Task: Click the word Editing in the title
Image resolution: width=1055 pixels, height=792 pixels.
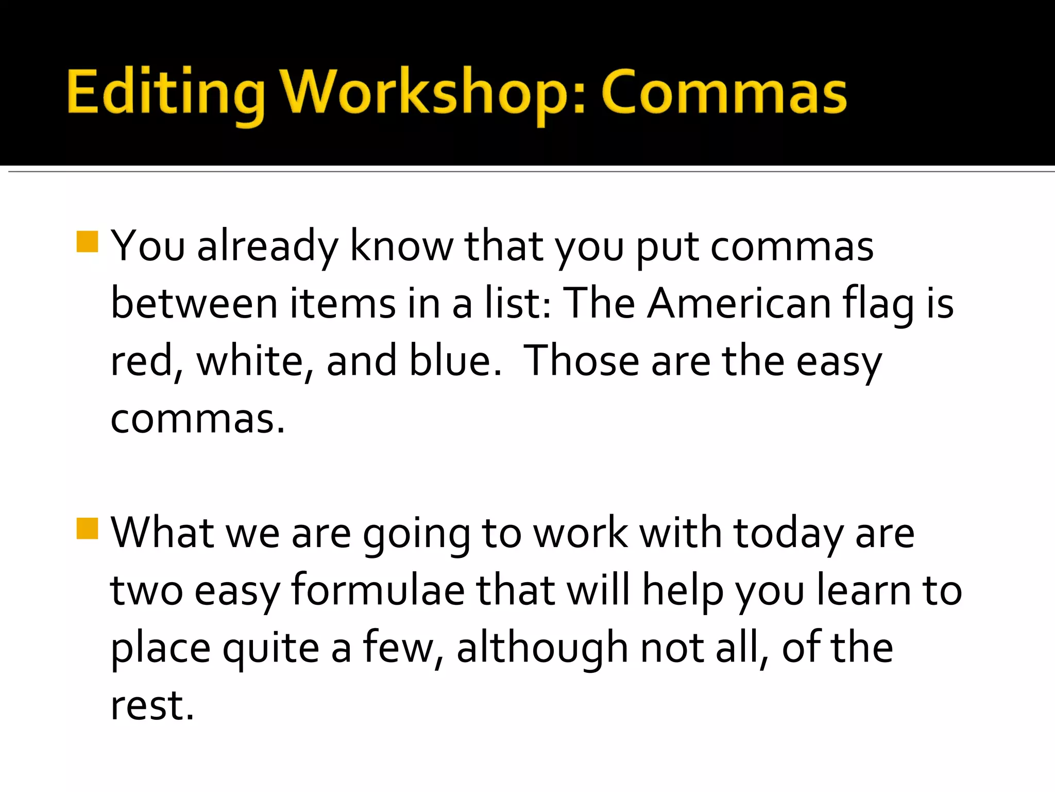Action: pyautogui.click(x=165, y=93)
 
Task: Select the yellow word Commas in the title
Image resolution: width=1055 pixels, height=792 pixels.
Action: pyautogui.click(x=724, y=93)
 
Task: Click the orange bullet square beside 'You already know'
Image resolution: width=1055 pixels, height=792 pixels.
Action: pyautogui.click(x=87, y=241)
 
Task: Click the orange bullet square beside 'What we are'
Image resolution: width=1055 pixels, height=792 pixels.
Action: pyautogui.click(x=87, y=528)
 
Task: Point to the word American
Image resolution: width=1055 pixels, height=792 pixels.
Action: pyautogui.click(x=739, y=303)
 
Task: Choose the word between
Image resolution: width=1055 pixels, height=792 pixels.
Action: pyautogui.click(x=194, y=303)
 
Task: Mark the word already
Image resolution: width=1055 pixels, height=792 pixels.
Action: pyautogui.click(x=268, y=246)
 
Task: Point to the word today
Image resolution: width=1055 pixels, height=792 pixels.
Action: pyautogui.click(x=788, y=534)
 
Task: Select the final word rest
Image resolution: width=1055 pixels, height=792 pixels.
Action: pyautogui.click(x=151, y=705)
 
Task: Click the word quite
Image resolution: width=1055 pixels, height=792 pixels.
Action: pyautogui.click(x=271, y=649)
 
